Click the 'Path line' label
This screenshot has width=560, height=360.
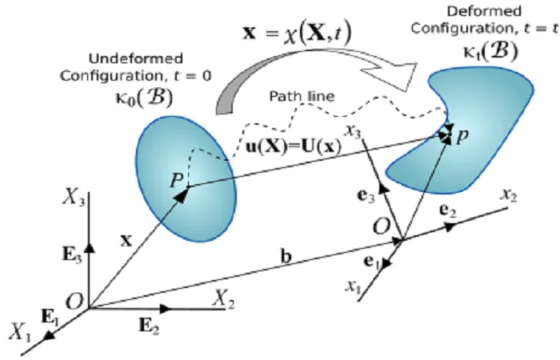[302, 97]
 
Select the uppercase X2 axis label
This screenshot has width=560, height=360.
[224, 298]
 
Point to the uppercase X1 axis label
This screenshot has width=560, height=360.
[20, 331]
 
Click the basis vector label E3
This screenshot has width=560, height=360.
[72, 254]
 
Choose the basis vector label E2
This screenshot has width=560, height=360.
[149, 326]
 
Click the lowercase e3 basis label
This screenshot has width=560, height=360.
[366, 196]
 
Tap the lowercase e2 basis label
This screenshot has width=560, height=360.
[447, 210]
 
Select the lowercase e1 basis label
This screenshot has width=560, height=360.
[372, 262]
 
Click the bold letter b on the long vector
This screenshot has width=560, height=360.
[286, 257]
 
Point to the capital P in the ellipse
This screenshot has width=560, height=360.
[177, 180]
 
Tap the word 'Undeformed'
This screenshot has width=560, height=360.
[136, 58]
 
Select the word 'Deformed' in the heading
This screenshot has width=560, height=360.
[484, 11]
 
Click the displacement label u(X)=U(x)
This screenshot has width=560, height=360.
[294, 146]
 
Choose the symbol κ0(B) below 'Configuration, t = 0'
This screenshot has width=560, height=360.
[145, 97]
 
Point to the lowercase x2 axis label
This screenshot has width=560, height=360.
[509, 195]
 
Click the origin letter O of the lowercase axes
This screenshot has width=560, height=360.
[381, 226]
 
